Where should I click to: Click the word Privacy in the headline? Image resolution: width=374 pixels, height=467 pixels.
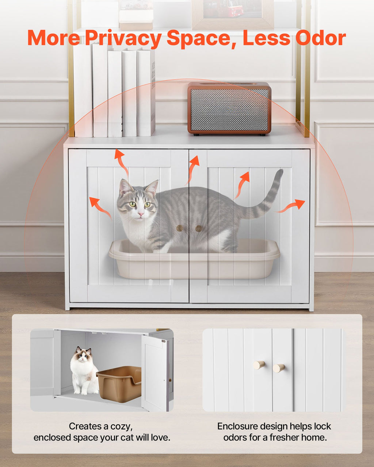coord(123,38)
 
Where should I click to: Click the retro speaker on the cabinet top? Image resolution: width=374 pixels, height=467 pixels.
coord(229,108)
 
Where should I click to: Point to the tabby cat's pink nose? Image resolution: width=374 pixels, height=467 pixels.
coord(141,214)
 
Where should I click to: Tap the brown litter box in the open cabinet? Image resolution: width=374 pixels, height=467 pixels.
coord(119,384)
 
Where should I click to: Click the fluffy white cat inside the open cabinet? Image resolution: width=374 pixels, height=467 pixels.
coord(84,372)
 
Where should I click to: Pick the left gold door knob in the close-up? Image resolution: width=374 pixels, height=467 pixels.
coord(259,364)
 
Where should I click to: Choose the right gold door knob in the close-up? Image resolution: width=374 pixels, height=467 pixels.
coord(279,368)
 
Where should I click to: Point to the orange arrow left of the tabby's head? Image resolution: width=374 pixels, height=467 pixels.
coord(100,208)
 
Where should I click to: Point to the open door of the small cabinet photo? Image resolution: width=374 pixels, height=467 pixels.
coord(155,373)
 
